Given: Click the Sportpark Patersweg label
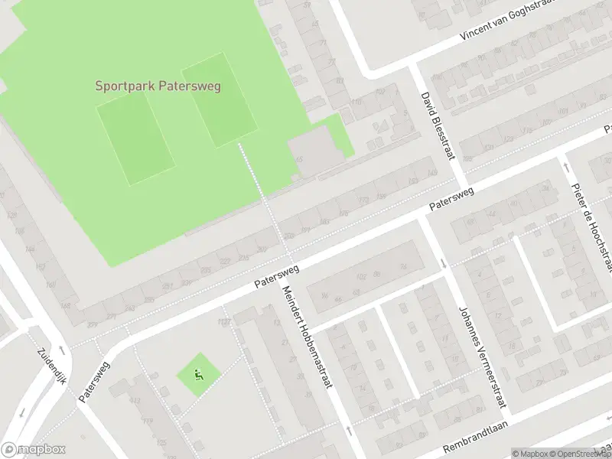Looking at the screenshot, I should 158,86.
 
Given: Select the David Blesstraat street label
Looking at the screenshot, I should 438,126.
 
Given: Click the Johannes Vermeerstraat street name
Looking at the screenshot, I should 482,359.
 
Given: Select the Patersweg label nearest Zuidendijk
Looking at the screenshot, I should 93,381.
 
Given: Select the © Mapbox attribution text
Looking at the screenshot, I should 529,453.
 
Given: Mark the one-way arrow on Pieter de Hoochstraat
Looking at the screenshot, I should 565,164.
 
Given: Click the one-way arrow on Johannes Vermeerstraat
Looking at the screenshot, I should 444,265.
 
